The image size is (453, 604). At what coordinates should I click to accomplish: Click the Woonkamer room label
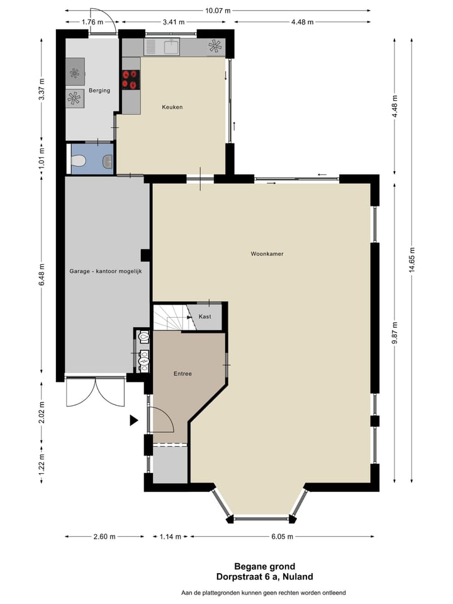point(267,254)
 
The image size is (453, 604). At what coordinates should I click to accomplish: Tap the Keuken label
point(172,107)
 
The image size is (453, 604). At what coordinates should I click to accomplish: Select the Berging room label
point(99,91)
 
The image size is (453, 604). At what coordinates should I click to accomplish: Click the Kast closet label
point(204,316)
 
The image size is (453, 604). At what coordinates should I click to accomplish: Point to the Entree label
point(182,374)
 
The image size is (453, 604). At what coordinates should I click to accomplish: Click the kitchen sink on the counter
point(171,46)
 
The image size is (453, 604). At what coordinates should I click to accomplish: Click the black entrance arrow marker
point(133,420)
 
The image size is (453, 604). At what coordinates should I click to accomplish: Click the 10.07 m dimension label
point(217,11)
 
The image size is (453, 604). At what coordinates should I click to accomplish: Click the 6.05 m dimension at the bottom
point(282,537)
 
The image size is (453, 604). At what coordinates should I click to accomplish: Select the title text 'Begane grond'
point(264,566)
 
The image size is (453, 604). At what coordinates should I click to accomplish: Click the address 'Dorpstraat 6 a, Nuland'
point(264,576)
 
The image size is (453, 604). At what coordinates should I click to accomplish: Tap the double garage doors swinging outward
point(95,393)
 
